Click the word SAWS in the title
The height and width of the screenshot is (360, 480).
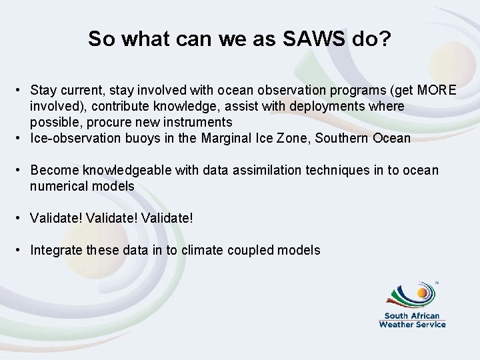tap(313, 39)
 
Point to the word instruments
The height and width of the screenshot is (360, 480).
tap(199, 122)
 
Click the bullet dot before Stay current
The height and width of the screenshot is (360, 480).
tap(21, 90)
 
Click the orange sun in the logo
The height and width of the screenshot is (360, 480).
tap(423, 292)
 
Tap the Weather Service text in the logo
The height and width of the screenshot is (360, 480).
tap(412, 324)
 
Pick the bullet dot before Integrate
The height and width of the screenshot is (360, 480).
tap(21, 250)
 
